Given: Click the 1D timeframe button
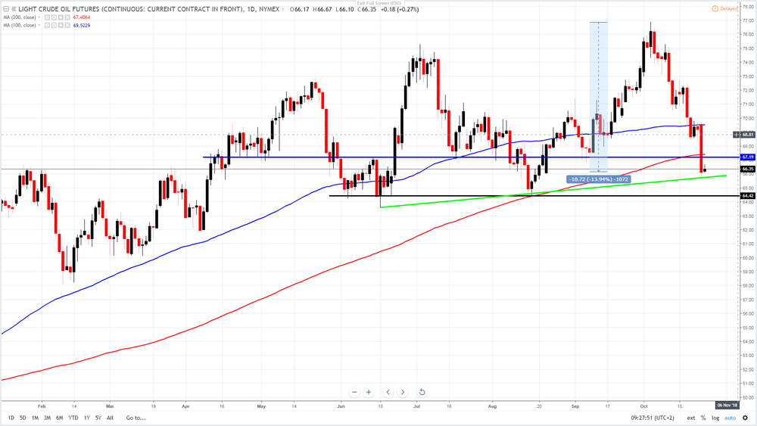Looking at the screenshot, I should point(11,418).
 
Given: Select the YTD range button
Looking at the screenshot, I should point(73,418).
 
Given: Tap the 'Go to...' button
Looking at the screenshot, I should point(136,418).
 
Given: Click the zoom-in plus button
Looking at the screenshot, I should point(369,392).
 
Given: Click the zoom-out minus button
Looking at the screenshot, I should point(354,392).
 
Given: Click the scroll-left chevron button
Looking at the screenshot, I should point(388,392).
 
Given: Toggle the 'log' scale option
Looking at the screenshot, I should point(715,418).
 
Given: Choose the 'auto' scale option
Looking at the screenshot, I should point(730,418).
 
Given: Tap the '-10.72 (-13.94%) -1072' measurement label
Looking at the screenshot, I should point(597,179).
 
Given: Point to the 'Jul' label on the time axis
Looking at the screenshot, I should point(417,405).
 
